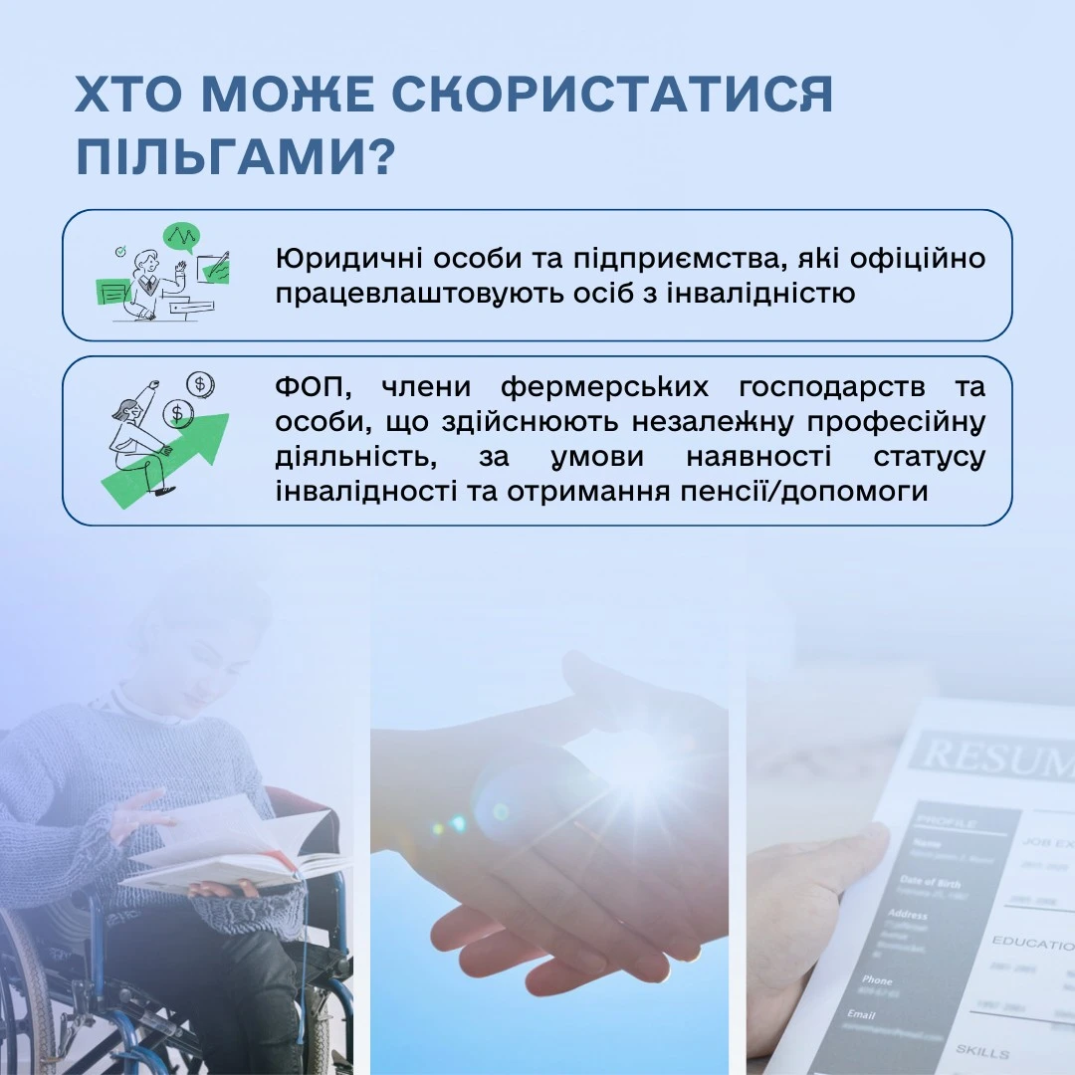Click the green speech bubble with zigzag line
click(x=181, y=236)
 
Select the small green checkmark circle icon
click(x=120, y=252)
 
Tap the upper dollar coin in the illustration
click(x=200, y=383)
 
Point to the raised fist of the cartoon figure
click(x=153, y=383)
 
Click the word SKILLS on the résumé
click(x=981, y=1051)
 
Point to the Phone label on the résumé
click(x=877, y=980)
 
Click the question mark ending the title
click(x=376, y=158)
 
